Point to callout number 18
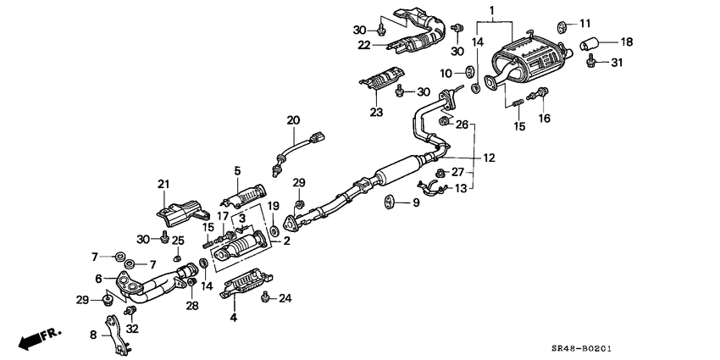[x=626, y=41]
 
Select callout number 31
[x=616, y=63]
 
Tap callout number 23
[x=376, y=111]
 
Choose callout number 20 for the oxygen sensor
[x=293, y=120]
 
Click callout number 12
[x=488, y=158]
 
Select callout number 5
[x=237, y=171]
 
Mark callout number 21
[x=163, y=183]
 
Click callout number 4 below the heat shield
[x=234, y=318]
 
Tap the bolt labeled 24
[x=267, y=296]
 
